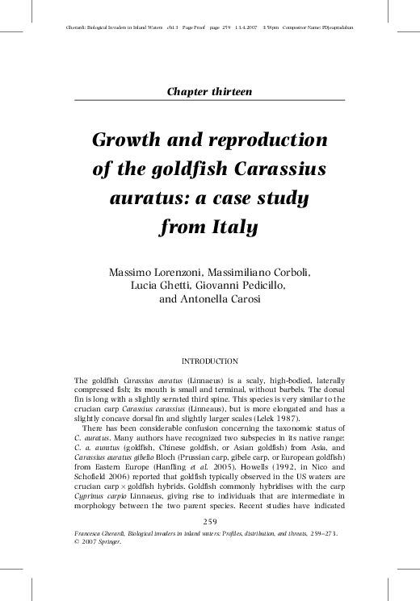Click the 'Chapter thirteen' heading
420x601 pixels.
coord(209,91)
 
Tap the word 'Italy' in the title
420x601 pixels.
coord(231,227)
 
